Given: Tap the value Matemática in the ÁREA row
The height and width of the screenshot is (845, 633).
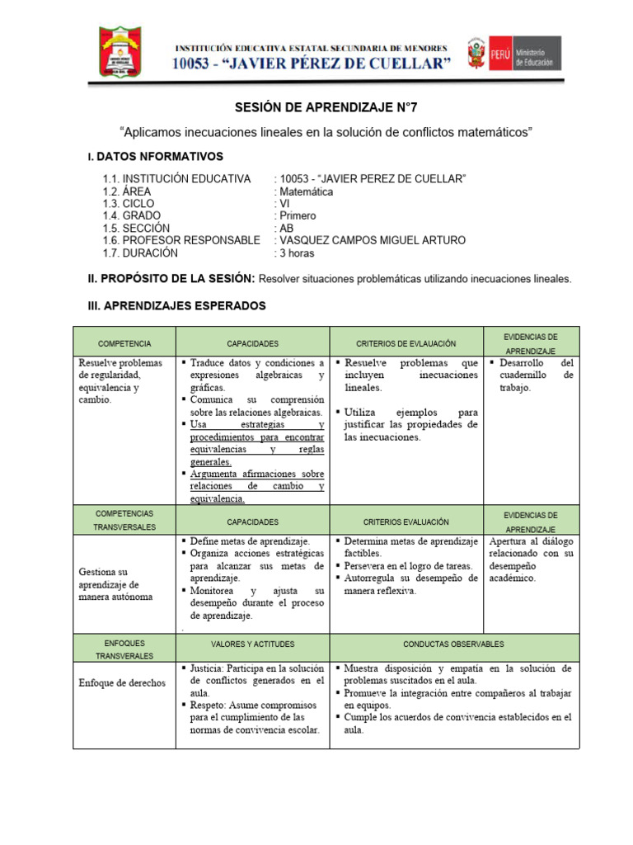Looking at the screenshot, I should click(305, 191).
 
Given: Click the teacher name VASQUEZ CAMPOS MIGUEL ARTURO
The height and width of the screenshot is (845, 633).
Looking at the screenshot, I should click(371, 240).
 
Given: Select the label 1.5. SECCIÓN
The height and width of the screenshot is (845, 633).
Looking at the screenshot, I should click(136, 229).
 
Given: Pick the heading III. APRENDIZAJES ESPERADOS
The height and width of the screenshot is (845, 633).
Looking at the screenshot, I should click(176, 306).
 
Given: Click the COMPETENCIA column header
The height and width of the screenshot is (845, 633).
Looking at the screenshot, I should click(124, 342).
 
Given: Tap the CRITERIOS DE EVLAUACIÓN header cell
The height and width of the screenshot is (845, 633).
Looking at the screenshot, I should click(406, 342).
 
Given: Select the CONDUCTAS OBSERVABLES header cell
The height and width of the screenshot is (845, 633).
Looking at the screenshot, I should click(454, 644).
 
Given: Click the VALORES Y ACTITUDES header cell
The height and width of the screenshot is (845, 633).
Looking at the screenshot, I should click(252, 644).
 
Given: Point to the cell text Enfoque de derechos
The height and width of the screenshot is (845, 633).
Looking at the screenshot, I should click(122, 683).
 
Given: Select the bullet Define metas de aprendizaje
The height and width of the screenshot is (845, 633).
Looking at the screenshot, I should click(250, 541).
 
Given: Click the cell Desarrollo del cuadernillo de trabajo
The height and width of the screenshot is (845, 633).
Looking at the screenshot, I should click(531, 375).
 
